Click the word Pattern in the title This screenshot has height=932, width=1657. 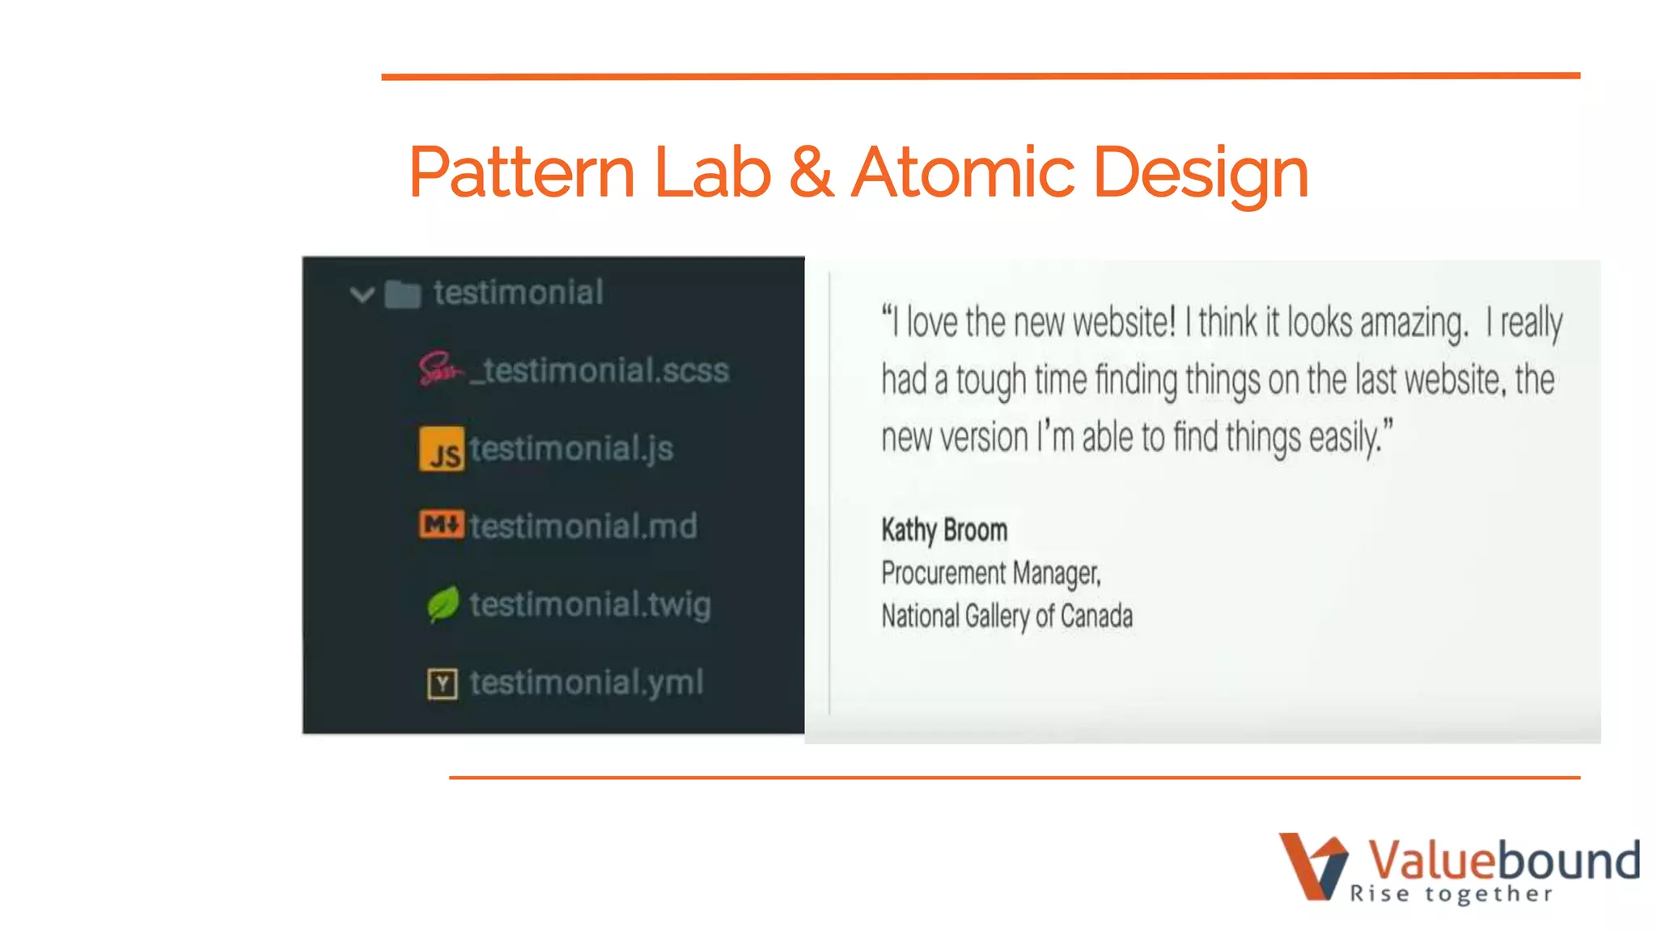click(522, 172)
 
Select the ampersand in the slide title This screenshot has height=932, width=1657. click(811, 172)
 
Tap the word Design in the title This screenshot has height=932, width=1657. click(1201, 174)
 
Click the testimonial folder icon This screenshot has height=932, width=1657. click(403, 294)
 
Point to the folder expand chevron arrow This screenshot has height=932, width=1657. click(362, 294)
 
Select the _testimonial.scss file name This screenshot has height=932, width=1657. click(600, 371)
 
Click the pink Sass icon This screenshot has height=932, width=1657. click(440, 370)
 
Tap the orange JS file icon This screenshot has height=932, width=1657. click(442, 449)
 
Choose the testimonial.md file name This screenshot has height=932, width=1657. click(583, 527)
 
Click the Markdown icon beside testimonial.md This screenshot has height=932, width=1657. click(442, 525)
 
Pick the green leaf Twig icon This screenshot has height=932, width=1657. click(443, 604)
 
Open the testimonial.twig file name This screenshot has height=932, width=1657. click(590, 604)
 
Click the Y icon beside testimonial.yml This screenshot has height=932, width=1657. click(442, 684)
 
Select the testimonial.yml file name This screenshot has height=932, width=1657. click(587, 683)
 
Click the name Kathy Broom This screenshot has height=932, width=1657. click(944, 531)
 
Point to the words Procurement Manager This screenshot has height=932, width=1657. click(991, 574)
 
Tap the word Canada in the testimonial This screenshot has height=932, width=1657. click(1096, 616)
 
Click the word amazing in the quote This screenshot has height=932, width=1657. click(1413, 324)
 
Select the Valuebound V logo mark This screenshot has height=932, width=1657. click(1312, 866)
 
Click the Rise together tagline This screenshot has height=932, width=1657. click(1451, 894)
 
